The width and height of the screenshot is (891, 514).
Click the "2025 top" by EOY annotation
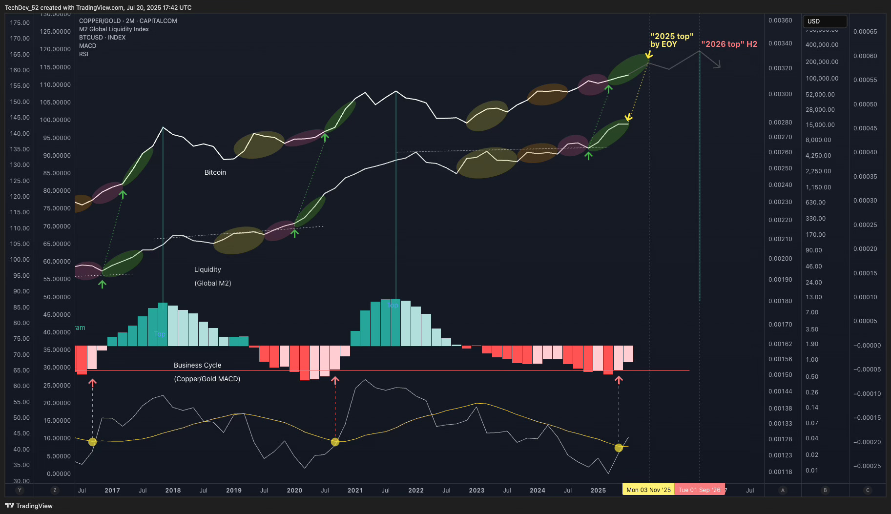671,40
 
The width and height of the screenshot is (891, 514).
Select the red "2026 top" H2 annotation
729,44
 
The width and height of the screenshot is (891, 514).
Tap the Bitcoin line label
215,172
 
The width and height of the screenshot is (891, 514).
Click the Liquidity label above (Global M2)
207,269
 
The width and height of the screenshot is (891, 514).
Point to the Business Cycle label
197,365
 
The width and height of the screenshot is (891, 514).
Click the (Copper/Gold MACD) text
207,379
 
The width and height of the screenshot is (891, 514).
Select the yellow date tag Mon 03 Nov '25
648,490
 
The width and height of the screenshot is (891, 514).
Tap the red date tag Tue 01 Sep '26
699,490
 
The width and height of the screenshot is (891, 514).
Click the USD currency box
825,21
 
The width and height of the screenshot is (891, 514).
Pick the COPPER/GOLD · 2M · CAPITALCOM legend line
128,21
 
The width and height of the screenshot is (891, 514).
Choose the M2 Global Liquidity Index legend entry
114,29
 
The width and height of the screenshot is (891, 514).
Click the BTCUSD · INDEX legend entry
102,38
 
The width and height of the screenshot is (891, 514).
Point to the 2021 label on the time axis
355,490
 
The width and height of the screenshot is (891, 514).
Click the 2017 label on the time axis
112,490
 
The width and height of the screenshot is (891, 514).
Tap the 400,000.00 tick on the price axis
822,45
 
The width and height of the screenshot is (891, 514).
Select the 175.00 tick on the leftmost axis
20,23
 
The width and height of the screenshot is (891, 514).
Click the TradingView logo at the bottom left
29,506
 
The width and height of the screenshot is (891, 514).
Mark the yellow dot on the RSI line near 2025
619,448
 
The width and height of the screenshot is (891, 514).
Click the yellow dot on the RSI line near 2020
335,442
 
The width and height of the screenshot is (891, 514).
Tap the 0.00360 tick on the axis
780,21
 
